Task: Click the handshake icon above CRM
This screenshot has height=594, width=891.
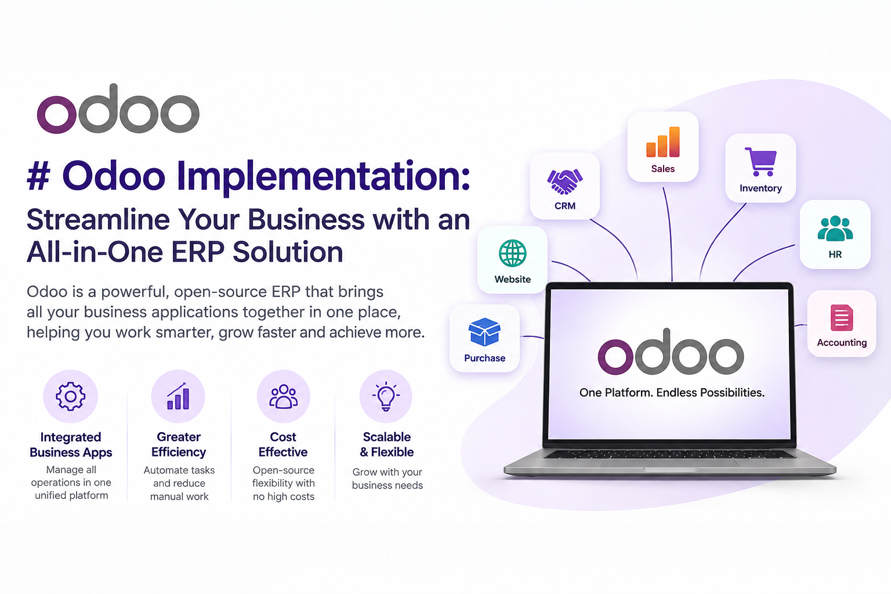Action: tap(565, 182)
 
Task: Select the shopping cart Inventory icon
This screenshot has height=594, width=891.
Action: tap(760, 161)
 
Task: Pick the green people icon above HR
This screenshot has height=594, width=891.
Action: tap(835, 229)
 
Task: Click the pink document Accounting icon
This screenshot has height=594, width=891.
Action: tap(842, 317)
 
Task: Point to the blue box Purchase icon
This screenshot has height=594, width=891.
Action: tap(484, 332)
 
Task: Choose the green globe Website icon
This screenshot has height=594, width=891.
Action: tap(512, 253)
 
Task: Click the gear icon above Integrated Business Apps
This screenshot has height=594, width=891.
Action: tap(70, 396)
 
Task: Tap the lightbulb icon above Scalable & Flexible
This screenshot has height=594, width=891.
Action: tap(386, 396)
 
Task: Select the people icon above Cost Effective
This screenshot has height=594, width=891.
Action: tap(283, 397)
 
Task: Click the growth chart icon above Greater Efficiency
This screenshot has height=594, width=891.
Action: tap(178, 396)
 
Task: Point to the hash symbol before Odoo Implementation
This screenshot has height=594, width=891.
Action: tap(39, 177)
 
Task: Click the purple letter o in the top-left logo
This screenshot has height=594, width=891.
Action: tap(56, 114)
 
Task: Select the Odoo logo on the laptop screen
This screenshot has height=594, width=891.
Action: tap(671, 352)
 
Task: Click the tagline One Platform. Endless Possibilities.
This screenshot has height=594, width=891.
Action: tap(672, 393)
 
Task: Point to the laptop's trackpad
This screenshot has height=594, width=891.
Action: tap(670, 463)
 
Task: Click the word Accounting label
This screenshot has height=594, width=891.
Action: tap(842, 343)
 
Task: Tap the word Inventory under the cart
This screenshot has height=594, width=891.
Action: tap(760, 188)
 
